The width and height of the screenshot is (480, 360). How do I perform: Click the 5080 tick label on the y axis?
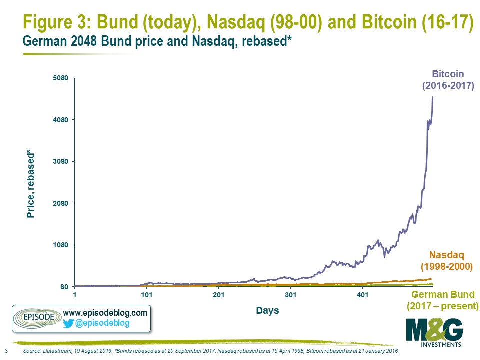tap(60, 78)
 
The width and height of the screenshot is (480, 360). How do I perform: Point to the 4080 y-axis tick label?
tap(60, 120)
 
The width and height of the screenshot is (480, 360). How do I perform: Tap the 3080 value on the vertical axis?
tap(60, 161)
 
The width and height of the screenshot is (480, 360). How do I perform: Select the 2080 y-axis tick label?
tap(60, 203)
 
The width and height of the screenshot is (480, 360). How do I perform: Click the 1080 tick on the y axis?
tap(60, 245)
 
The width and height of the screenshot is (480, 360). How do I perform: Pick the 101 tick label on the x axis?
tap(146, 295)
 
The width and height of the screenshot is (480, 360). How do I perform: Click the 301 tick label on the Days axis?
tap(291, 295)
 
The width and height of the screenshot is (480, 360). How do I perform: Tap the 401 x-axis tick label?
tap(363, 295)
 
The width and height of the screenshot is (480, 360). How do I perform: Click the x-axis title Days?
tap(267, 310)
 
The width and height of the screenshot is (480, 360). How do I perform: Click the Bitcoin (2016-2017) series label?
tap(448, 80)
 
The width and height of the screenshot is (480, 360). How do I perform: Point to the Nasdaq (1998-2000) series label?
tap(447, 261)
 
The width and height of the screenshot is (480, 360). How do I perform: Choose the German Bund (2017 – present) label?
tap(442, 300)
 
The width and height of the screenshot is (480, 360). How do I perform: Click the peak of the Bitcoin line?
tap(432, 97)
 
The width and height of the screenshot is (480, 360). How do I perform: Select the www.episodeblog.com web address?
tap(105, 313)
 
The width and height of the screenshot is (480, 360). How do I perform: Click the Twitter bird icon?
tap(68, 323)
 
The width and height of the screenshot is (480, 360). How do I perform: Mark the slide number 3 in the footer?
tap(6, 351)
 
